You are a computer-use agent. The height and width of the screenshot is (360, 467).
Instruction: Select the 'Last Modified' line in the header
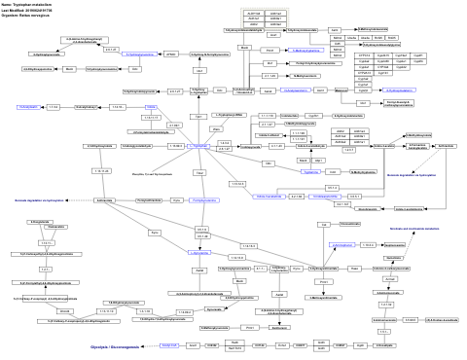tap(27, 10)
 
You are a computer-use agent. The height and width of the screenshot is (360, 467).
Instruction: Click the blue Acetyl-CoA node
tap(169, 344)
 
